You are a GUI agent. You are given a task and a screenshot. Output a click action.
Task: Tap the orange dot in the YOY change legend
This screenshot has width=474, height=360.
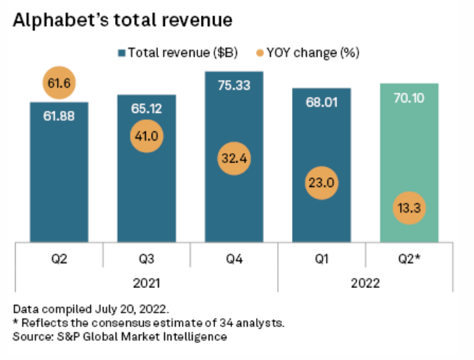point(258,52)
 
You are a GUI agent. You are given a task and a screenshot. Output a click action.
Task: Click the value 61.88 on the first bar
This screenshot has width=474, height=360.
point(59,115)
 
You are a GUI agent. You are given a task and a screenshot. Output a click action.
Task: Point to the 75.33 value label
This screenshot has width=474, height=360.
point(233,84)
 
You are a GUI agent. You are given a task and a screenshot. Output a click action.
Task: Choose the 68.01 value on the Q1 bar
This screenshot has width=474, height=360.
point(321,101)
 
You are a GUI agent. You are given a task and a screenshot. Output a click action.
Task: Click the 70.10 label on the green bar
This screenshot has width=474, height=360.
point(409,96)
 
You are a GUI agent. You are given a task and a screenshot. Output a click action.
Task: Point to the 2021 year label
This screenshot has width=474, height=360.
point(146,283)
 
